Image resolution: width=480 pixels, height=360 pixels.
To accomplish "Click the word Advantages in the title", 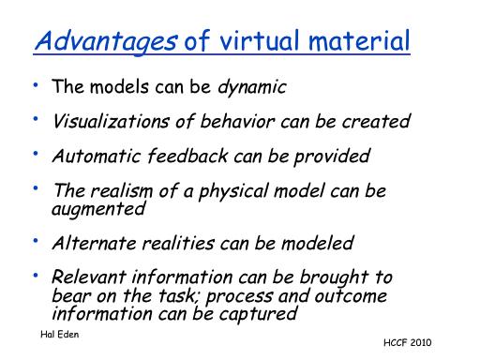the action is [x=106, y=42].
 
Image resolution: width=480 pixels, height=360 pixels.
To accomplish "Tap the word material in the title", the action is [x=359, y=40].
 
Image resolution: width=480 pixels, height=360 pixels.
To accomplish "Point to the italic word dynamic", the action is [x=252, y=87].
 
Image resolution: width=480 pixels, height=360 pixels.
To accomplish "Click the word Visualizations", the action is [x=111, y=121].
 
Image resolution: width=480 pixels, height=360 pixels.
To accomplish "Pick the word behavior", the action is [x=237, y=121].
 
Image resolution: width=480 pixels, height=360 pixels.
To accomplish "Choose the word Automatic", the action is [x=97, y=156].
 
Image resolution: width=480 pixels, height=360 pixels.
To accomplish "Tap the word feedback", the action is [x=187, y=156].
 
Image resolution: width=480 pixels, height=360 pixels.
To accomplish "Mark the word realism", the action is [x=122, y=190].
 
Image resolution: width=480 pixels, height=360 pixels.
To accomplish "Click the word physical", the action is [x=233, y=192].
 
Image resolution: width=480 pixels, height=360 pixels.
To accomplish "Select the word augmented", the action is [x=98, y=209].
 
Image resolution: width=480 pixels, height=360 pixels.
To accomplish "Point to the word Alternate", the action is [x=94, y=243].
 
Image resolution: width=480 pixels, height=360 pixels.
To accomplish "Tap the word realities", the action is [x=178, y=243].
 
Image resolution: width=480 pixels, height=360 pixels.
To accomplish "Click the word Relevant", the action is [x=89, y=277].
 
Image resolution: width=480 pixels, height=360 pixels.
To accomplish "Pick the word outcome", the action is [x=351, y=295].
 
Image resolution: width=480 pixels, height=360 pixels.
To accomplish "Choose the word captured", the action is [x=258, y=314].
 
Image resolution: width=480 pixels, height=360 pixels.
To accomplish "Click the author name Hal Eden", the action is [x=60, y=335].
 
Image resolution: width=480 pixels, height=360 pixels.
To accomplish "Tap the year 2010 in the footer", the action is [x=421, y=342].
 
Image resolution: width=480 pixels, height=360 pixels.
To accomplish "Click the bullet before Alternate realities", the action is [x=36, y=241].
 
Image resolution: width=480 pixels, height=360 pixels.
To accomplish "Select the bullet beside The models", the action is [x=36, y=84].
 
